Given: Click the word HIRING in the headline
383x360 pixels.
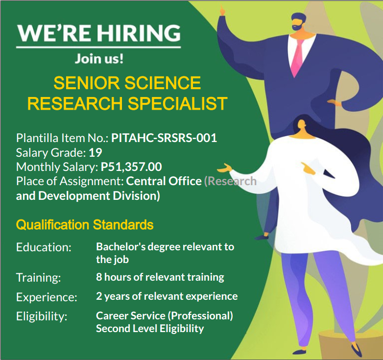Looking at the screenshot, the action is pyautogui.click(x=139, y=33).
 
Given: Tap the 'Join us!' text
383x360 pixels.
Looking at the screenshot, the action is pyautogui.click(x=99, y=59).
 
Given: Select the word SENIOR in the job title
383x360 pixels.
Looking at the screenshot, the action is pyautogui.click(x=87, y=83).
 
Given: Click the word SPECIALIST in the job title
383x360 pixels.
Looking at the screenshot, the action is pyautogui.click(x=178, y=103).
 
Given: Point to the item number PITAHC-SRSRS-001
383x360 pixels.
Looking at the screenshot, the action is pyautogui.click(x=164, y=138).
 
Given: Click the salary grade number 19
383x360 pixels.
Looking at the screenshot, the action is pyautogui.click(x=96, y=153).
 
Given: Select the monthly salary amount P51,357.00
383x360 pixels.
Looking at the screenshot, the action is pyautogui.click(x=131, y=167).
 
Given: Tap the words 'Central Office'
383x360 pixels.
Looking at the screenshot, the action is pyautogui.click(x=164, y=181).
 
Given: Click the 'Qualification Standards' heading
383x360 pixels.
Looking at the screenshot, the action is pyautogui.click(x=85, y=225).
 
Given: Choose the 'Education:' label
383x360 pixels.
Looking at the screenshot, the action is pyautogui.click(x=44, y=247).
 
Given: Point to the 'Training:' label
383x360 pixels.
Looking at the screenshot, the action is pyautogui.click(x=39, y=278).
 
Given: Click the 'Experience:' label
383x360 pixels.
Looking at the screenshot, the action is pyautogui.click(x=47, y=297).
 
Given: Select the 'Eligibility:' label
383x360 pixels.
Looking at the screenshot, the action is pyautogui.click(x=42, y=316).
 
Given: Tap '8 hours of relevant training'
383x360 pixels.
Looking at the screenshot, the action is pyautogui.click(x=160, y=277).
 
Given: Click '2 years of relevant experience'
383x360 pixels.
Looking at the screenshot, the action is pyautogui.click(x=167, y=296).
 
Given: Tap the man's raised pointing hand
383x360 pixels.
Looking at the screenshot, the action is pyautogui.click(x=222, y=11).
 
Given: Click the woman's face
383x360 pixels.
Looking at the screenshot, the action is pyautogui.click(x=301, y=125).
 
